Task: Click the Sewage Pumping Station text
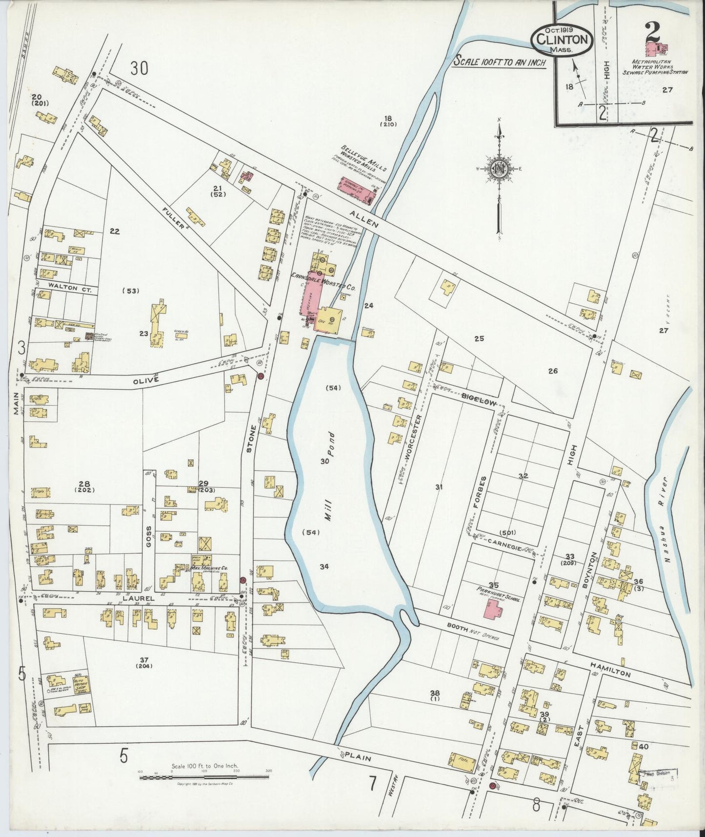pyautogui.click(x=654, y=72)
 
